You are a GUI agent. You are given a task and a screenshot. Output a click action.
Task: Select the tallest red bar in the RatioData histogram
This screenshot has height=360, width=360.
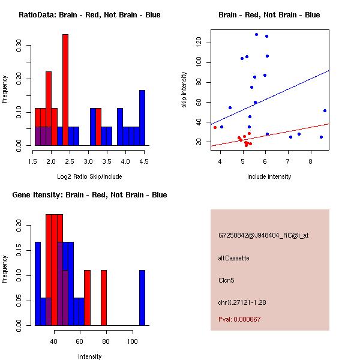tap(65, 90)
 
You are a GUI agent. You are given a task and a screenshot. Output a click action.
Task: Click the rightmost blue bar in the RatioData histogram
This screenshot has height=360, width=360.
tap(142, 118)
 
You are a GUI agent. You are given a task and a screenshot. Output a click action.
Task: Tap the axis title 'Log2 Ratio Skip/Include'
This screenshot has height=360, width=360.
tap(89, 176)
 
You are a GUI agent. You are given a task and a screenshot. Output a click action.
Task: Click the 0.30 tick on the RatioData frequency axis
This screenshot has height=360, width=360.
tap(20, 45)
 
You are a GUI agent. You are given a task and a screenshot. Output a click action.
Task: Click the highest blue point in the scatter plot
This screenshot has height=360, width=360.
tap(256, 34)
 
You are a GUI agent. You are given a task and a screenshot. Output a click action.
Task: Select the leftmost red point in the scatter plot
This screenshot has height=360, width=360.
tap(215, 127)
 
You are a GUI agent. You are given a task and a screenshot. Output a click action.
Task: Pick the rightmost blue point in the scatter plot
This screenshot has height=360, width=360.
tap(325, 110)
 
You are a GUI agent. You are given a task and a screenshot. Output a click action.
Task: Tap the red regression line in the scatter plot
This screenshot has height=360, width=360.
tap(282, 134)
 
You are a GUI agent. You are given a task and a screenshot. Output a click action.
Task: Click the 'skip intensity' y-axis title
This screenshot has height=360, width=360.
tap(185, 90)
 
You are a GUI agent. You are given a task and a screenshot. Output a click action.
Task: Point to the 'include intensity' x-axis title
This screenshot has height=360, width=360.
tap(269, 176)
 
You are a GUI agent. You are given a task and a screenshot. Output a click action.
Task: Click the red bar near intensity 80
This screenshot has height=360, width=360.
tap(104, 298)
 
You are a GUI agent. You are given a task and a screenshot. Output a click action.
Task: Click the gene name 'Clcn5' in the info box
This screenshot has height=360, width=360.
tap(226, 280)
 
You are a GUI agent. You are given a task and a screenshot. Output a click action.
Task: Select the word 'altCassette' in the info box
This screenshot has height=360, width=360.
tap(234, 258)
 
